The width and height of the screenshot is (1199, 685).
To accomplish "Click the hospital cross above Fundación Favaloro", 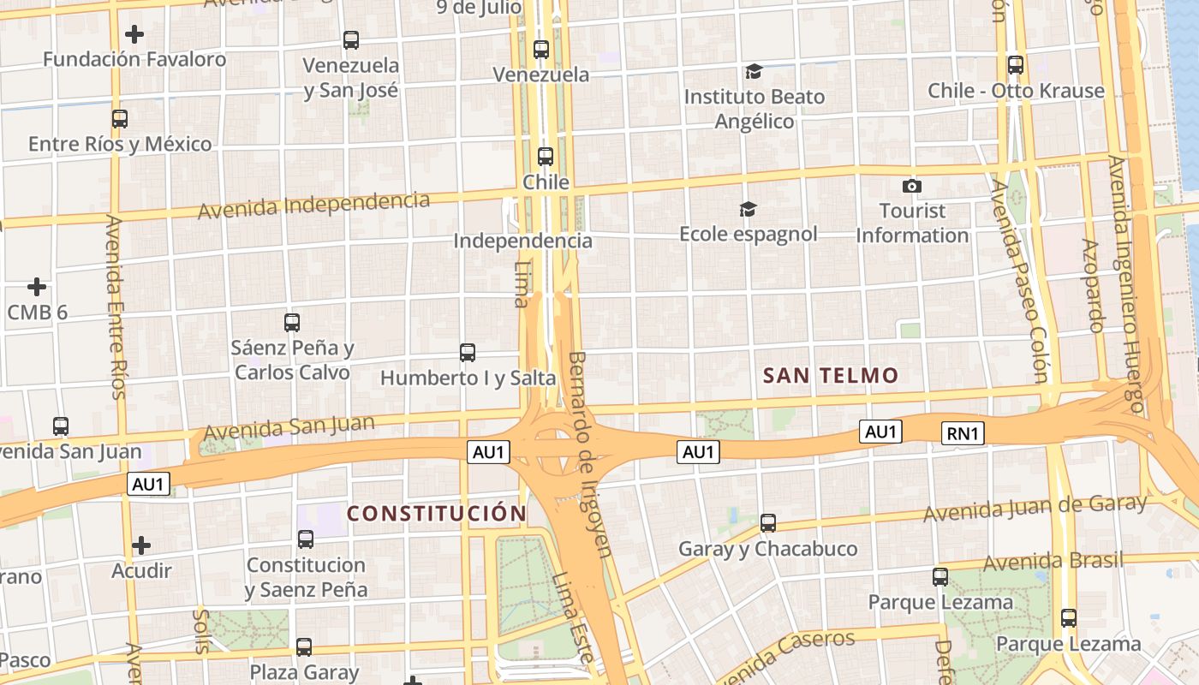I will [x=134, y=34].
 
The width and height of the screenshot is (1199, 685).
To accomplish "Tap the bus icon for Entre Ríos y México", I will [x=120, y=119].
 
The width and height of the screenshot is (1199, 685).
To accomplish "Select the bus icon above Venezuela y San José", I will [x=351, y=40].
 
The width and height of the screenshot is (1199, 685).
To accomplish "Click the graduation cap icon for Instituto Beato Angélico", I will [x=754, y=71].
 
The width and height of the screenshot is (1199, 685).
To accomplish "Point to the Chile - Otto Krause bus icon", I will [x=1016, y=65].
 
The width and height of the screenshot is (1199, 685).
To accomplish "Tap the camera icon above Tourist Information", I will [x=912, y=186].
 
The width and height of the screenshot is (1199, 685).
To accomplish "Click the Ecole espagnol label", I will [x=748, y=234].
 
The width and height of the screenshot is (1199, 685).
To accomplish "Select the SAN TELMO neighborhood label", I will [x=830, y=375].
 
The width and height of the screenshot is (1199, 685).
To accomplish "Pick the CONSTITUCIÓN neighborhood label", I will [x=436, y=514].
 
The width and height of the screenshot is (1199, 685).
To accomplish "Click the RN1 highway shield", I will [x=962, y=434].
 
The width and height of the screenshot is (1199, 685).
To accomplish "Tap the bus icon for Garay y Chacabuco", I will [x=768, y=522].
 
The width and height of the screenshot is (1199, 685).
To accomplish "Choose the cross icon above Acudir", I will [x=141, y=545].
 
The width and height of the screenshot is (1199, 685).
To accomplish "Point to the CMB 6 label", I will [x=37, y=313].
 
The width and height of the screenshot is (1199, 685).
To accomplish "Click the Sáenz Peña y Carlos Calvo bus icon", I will [x=292, y=323].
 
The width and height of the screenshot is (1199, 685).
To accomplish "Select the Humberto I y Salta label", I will [x=468, y=378].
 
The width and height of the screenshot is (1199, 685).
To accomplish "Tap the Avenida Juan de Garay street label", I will [x=1035, y=507].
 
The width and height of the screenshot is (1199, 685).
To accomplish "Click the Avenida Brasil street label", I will [x=1053, y=562].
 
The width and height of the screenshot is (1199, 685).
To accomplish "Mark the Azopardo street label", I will [x=1092, y=285].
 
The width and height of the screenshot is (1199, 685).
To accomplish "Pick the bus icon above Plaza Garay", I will [x=304, y=647].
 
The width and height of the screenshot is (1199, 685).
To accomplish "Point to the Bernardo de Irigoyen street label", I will [x=590, y=454].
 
